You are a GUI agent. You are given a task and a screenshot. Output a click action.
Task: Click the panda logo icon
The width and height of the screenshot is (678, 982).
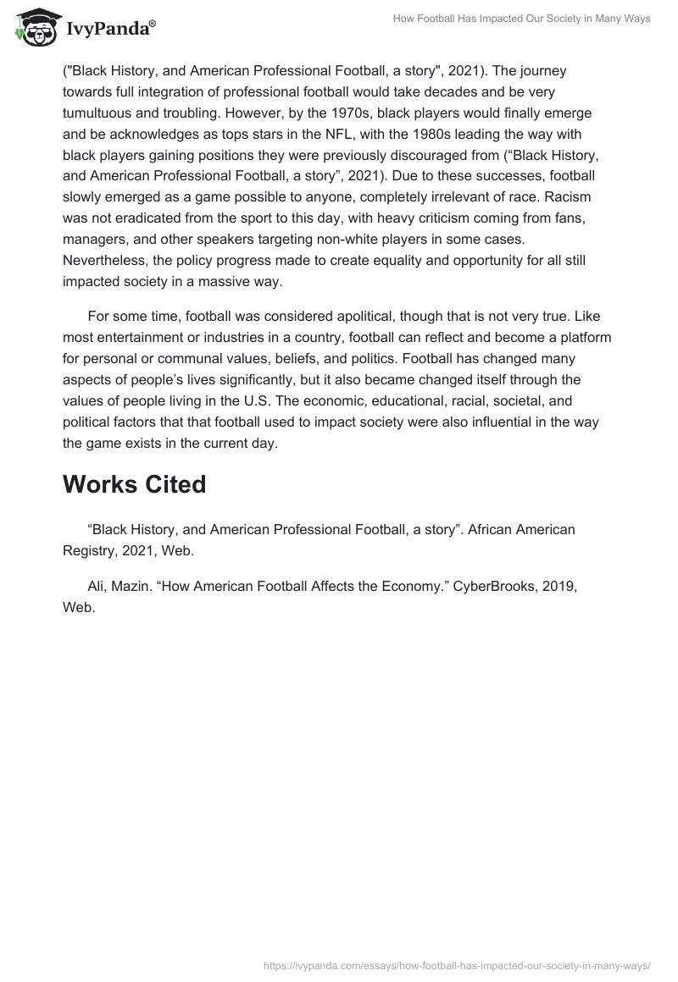32,30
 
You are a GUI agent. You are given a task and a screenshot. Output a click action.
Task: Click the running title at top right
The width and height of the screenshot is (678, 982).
522,19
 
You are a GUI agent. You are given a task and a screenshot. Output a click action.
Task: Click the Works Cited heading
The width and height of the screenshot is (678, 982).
134,484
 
